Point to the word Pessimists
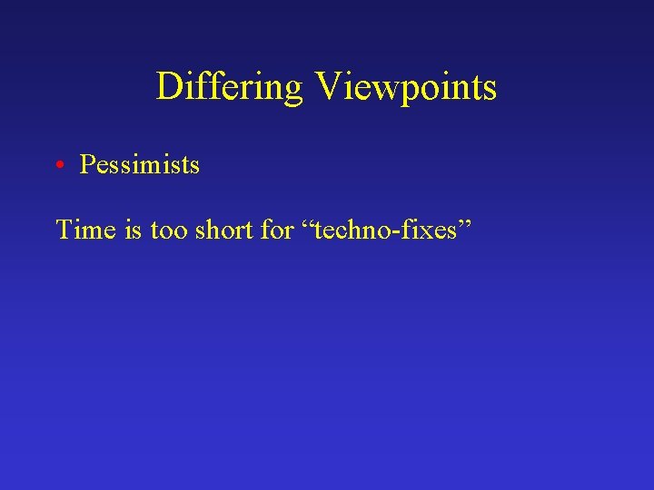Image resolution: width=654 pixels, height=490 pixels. coord(140,165)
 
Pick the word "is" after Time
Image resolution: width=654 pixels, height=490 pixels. coord(133,230)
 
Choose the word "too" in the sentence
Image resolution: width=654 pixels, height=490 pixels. coord(169,230)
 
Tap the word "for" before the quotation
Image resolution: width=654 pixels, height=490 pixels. coord(276,230)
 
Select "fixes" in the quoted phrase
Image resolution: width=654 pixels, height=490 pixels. coord(434,230)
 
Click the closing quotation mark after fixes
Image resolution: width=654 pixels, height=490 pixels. coord(468,223)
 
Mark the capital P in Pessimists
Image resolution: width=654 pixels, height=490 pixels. coord(87,165)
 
